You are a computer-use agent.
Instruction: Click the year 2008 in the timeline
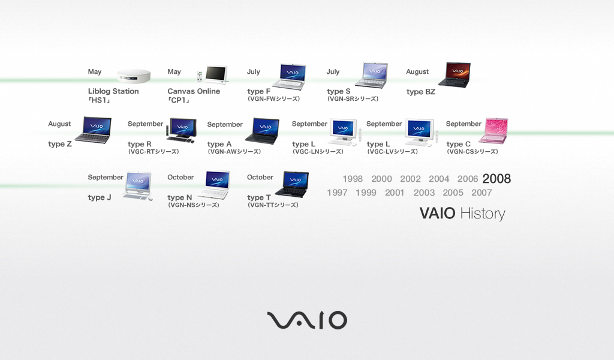coord(496,179)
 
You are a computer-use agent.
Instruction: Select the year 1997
coord(337,193)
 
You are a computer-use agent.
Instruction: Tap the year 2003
coord(424,193)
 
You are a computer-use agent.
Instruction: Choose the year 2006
coord(468,179)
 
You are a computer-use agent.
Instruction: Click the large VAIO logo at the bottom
coord(307,320)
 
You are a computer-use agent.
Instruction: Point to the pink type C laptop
coord(493,131)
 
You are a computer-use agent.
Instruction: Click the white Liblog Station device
coord(134,76)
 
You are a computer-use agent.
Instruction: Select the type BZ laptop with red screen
coord(455,74)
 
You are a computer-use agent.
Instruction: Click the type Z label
coord(60,144)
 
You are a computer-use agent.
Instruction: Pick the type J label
coord(100,197)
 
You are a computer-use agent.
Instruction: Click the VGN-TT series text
coord(273,205)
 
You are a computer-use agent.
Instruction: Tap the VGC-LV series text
coord(392,152)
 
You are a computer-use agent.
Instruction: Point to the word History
coord(483,214)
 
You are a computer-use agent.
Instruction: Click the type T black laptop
coord(292,184)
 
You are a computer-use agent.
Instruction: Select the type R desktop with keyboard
coord(181,130)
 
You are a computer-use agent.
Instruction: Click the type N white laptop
coord(214,185)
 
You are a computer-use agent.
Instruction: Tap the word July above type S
coord(333,71)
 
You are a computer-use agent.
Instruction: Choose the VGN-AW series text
coord(234,152)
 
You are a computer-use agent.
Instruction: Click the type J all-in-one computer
coord(138,185)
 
